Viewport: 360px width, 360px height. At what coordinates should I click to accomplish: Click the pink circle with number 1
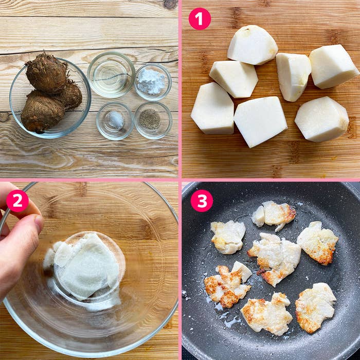(x=200, y=19)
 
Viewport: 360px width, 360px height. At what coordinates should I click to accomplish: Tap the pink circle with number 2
(x=17, y=201)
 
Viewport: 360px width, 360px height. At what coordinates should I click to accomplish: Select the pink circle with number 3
(x=202, y=201)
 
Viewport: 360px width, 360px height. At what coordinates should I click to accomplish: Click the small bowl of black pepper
(x=153, y=120)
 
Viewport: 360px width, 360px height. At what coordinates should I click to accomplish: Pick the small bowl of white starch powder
(x=153, y=82)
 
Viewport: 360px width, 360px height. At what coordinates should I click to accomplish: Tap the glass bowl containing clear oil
(x=111, y=75)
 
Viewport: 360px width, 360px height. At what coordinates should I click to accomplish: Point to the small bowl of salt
(x=115, y=121)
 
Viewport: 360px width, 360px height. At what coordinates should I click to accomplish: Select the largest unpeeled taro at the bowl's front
(x=42, y=111)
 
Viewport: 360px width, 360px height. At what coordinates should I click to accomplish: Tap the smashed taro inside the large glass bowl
(x=84, y=266)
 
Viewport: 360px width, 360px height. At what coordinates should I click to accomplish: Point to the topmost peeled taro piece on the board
(x=253, y=45)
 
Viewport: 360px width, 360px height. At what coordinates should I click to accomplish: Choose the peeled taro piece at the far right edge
(x=333, y=66)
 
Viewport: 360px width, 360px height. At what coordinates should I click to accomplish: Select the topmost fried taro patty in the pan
(x=274, y=215)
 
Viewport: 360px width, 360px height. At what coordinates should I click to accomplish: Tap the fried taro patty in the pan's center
(x=275, y=259)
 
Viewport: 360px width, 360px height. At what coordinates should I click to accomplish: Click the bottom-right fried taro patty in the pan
(x=315, y=308)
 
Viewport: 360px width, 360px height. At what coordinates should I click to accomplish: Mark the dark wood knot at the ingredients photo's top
(x=170, y=4)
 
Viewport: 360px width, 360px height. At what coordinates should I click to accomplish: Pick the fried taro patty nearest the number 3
(x=228, y=237)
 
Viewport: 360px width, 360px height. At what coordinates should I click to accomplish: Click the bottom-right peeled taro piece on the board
(x=321, y=119)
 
